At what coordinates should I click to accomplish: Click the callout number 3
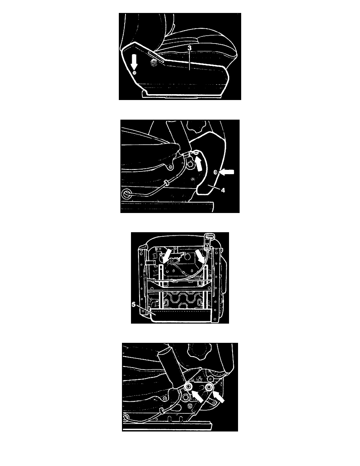(189, 47)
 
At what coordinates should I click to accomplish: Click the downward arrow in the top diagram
(134, 62)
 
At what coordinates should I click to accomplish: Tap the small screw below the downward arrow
(134, 73)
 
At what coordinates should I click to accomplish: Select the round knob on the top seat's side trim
(154, 63)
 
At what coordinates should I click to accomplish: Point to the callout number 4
(222, 190)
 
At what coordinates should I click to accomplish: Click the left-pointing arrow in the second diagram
(227, 172)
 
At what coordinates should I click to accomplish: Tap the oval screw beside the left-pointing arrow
(216, 172)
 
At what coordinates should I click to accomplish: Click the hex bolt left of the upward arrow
(191, 164)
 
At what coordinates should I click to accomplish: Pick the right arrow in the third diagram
(200, 256)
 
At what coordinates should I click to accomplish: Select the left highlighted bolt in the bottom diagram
(188, 387)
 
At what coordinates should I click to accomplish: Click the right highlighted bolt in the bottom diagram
(209, 387)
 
